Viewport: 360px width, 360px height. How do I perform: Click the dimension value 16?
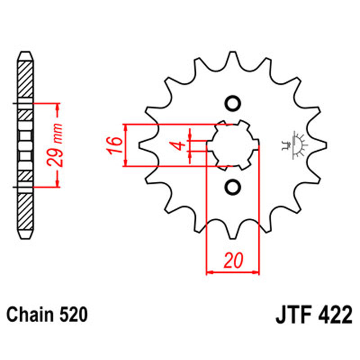pyautogui.click(x=115, y=146)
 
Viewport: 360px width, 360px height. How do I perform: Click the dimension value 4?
pyautogui.click(x=179, y=146)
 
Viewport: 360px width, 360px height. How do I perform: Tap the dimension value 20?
pyautogui.click(x=233, y=261)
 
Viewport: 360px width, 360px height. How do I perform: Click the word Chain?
pyautogui.click(x=29, y=315)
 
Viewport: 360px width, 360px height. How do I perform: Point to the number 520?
pyautogui.click(x=71, y=315)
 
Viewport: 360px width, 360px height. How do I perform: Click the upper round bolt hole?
pyautogui.click(x=233, y=103)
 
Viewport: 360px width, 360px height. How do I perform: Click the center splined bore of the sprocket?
pyautogui.click(x=233, y=145)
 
